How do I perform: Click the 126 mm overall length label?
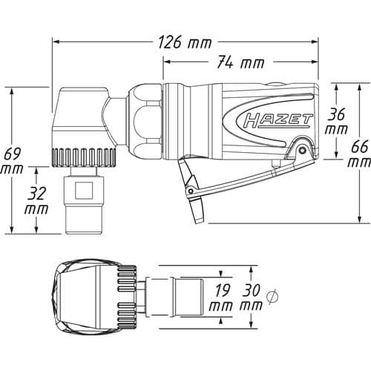coord(185,42)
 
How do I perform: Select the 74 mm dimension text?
coord(240,62)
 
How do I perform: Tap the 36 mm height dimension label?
coord(336,122)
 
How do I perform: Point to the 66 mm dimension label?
coord(359,154)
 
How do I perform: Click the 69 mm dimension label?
coord(12,161)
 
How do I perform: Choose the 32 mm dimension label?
coord(36,201)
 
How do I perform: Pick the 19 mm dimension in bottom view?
coord(220,298)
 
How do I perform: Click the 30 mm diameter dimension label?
coord(252,298)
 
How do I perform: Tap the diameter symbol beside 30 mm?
coord(272,296)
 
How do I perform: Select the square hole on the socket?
coord(84,191)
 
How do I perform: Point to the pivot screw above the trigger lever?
coord(301,150)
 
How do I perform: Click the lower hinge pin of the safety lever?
coord(191,191)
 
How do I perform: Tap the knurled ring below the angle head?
coord(84,157)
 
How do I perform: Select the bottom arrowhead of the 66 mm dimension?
coord(360,220)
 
